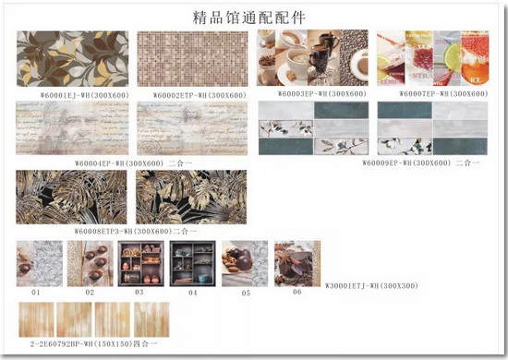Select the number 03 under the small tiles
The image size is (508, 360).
coord(139,293)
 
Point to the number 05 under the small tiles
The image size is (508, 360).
coord(246,293)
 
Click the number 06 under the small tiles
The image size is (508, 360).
coord(296,292)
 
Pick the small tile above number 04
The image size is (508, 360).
coord(193,264)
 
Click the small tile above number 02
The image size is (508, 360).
coord(90,264)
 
